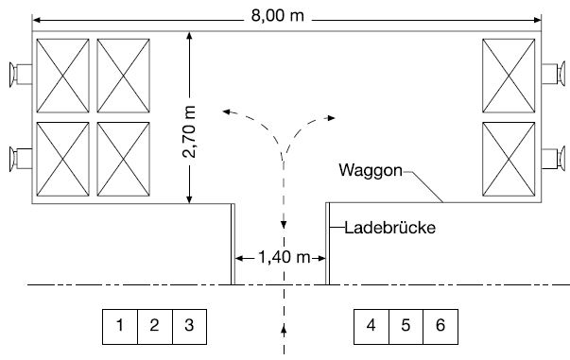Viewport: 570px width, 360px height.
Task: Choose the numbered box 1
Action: tap(120, 325)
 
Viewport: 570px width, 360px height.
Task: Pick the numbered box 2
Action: tap(155, 325)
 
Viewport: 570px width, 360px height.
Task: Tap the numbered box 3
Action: tap(189, 325)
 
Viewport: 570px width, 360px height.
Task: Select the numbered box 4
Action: tap(371, 325)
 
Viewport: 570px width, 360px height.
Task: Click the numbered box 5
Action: tap(406, 325)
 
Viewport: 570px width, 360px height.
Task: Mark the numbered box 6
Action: tap(440, 325)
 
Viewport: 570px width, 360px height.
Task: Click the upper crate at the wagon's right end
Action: tap(510, 75)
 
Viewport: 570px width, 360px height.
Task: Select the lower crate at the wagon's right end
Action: tap(510, 158)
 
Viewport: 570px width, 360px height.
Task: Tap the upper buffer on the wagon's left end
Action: tap(18, 73)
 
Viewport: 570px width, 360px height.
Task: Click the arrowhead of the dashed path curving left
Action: tap(226, 111)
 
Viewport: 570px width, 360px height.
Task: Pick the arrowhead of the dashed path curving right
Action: tap(332, 117)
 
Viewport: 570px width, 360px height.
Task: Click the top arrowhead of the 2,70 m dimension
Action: tap(190, 35)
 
